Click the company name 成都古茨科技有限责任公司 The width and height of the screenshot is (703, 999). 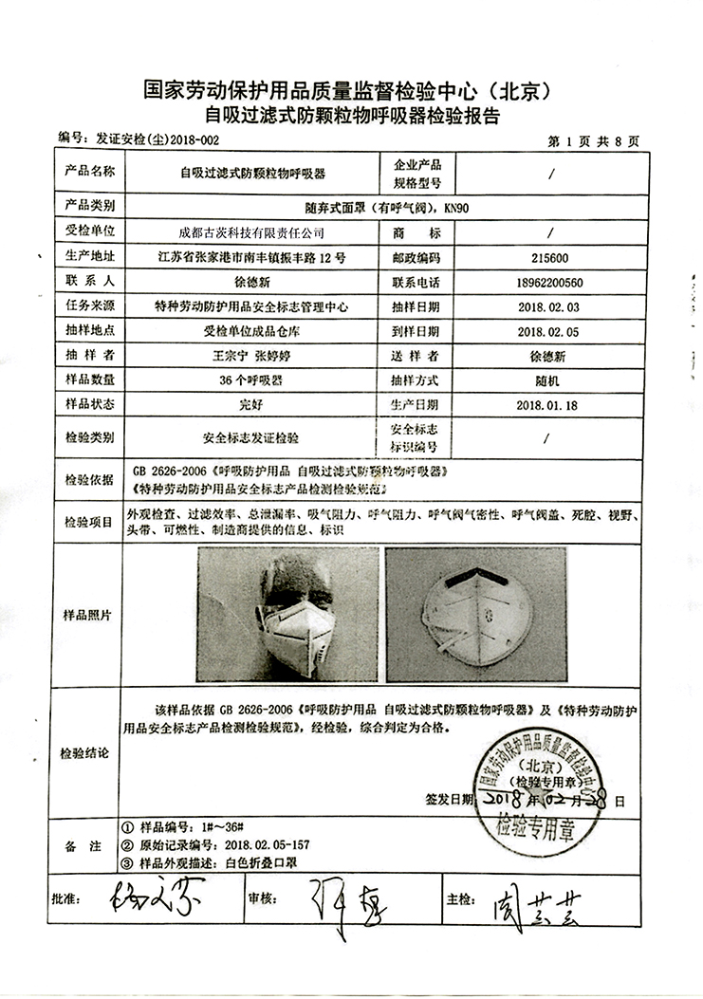tap(251, 231)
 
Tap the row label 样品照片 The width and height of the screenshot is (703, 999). tap(90, 615)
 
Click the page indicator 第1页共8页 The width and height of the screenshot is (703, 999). tap(594, 141)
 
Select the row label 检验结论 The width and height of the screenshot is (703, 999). tap(90, 752)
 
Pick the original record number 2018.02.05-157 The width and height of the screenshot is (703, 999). tap(258, 844)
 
